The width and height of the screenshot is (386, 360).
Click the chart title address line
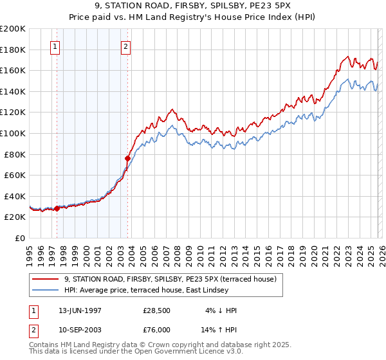(x=192, y=7)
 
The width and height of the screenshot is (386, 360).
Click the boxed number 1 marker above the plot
(x=55, y=46)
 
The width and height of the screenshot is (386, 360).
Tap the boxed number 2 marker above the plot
(x=125, y=46)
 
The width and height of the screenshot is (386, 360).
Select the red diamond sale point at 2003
(x=128, y=158)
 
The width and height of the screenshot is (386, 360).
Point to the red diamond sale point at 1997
(x=57, y=208)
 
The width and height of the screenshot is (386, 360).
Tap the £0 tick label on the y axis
(x=19, y=238)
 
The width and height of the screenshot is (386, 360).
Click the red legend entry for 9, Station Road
(x=170, y=279)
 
